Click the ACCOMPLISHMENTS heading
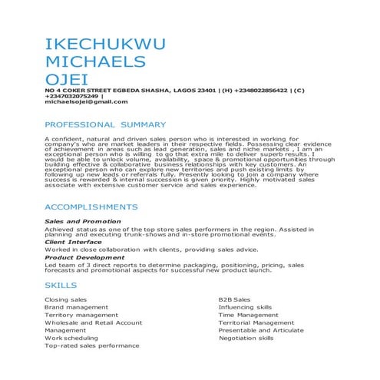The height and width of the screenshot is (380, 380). [91, 207]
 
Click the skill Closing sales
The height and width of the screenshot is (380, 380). [66, 299]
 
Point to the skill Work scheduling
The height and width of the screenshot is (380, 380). [71, 338]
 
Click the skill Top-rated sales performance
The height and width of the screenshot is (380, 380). [92, 346]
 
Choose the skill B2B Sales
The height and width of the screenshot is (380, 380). [234, 299]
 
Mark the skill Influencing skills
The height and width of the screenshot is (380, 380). [245, 307]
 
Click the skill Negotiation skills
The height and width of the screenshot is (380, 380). [246, 338]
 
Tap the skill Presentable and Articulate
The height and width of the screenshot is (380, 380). [261, 330]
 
